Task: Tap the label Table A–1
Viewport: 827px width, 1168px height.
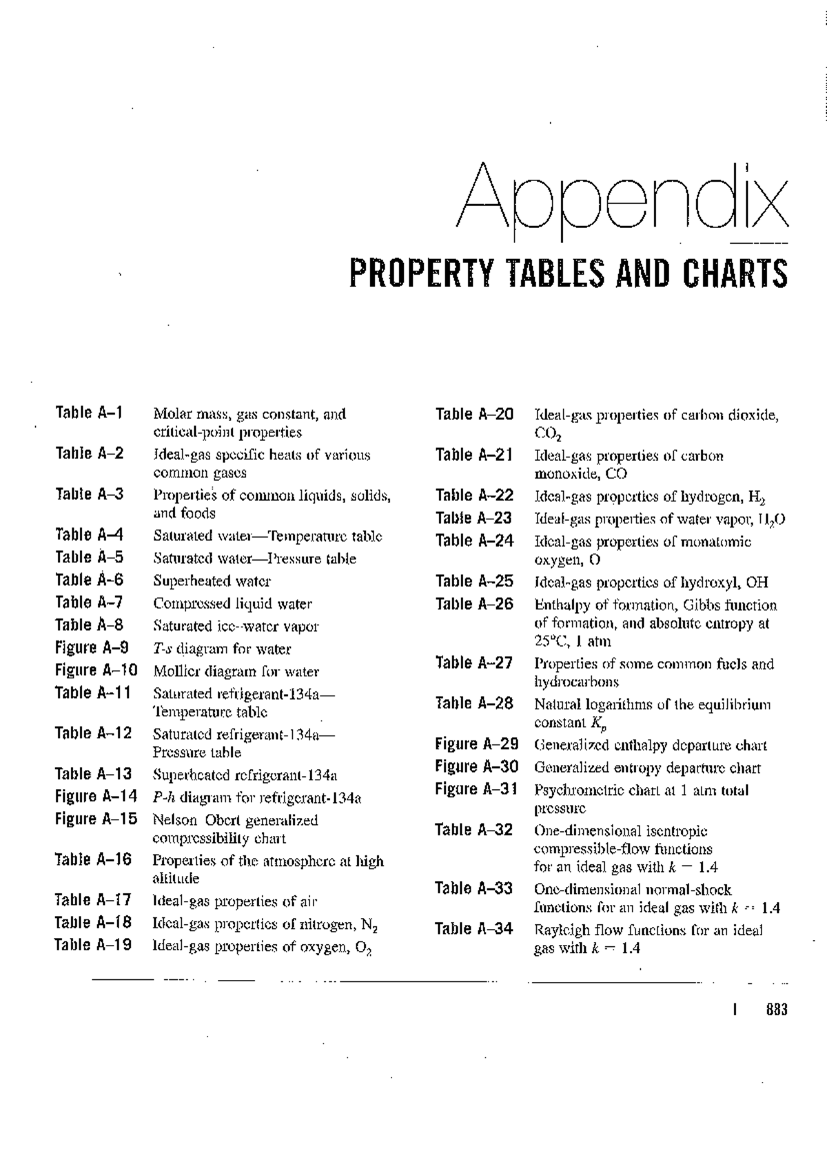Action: click(89, 413)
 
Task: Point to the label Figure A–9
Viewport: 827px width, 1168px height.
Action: click(92, 647)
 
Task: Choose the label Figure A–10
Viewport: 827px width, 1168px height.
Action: click(96, 670)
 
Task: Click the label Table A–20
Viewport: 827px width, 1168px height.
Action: click(475, 415)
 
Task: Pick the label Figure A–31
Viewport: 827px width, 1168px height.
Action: click(476, 789)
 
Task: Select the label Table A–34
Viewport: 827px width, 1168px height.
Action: click(474, 929)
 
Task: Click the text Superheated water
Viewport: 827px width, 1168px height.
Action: click(212, 581)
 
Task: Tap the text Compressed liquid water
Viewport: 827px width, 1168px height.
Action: click(232, 604)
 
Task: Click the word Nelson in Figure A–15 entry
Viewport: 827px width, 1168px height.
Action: click(174, 820)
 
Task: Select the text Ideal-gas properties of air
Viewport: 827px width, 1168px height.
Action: click(234, 901)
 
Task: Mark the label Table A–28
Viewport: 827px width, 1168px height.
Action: click(474, 703)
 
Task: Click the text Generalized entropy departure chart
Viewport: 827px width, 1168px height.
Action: click(647, 768)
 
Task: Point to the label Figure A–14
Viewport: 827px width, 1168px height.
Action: click(96, 797)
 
